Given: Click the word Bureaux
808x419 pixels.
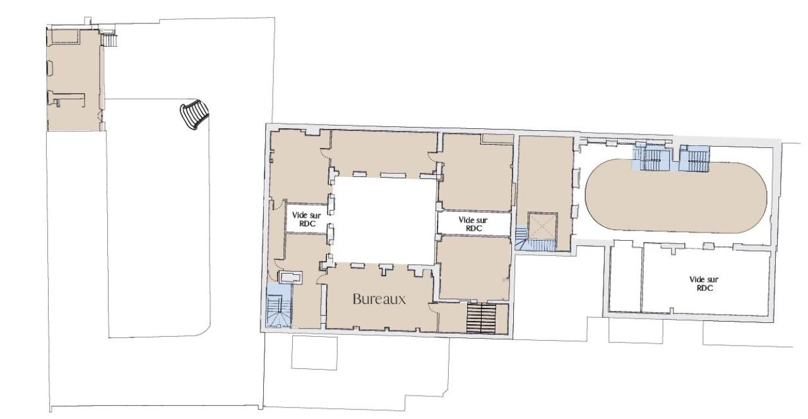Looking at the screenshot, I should point(379,299).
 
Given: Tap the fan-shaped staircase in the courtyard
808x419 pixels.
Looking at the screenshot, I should point(193,115).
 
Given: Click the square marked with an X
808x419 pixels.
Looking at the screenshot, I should point(541,226).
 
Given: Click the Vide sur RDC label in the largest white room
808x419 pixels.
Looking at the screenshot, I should point(704,282).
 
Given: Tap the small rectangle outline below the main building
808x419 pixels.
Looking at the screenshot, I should point(314,352).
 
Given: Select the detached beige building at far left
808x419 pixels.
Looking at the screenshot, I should point(73,79).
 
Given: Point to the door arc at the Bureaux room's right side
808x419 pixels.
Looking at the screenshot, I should point(432,308).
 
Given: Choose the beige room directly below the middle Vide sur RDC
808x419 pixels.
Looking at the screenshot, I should point(473,267).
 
